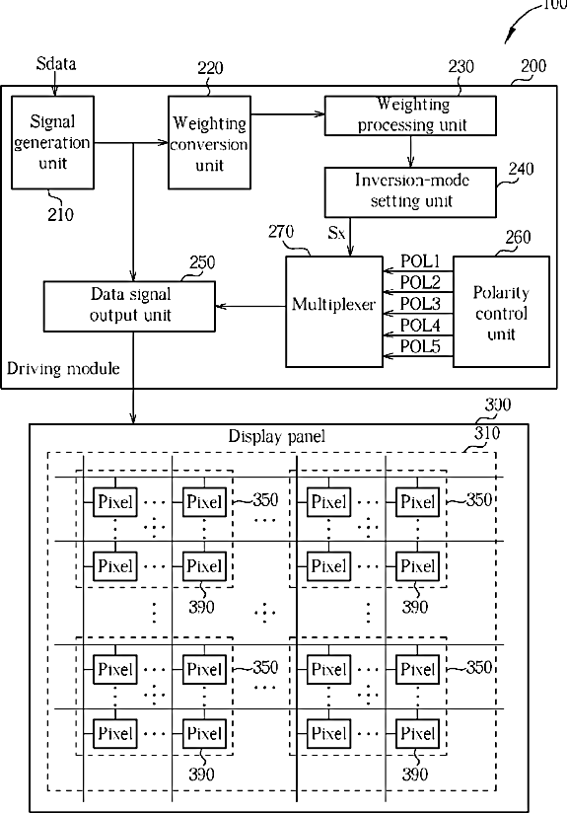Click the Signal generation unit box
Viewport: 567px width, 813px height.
pos(53,142)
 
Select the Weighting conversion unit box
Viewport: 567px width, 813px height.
pos(209,142)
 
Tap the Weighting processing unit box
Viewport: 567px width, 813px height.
pos(410,115)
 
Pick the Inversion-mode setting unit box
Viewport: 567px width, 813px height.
pos(410,191)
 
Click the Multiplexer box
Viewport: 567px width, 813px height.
pos(334,311)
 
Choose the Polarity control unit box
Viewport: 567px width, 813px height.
pos(501,311)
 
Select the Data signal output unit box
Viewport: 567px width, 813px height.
pos(129,306)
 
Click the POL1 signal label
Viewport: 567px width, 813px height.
pos(420,260)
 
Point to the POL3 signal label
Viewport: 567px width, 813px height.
pos(420,303)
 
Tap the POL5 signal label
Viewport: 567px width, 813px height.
pos(420,346)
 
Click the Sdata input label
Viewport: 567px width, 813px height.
pos(56,63)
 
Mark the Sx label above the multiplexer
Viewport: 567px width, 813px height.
pos(336,233)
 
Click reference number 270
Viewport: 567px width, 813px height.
pos(281,231)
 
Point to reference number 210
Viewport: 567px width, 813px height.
pos(60,214)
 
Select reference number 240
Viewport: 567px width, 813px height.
pos(521,169)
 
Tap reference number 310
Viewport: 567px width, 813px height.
pos(487,433)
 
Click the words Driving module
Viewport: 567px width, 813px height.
pos(63,369)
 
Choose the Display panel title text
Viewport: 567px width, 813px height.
pos(277,436)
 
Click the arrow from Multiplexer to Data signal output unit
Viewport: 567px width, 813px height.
pos(250,306)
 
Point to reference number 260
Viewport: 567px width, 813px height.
pos(519,237)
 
